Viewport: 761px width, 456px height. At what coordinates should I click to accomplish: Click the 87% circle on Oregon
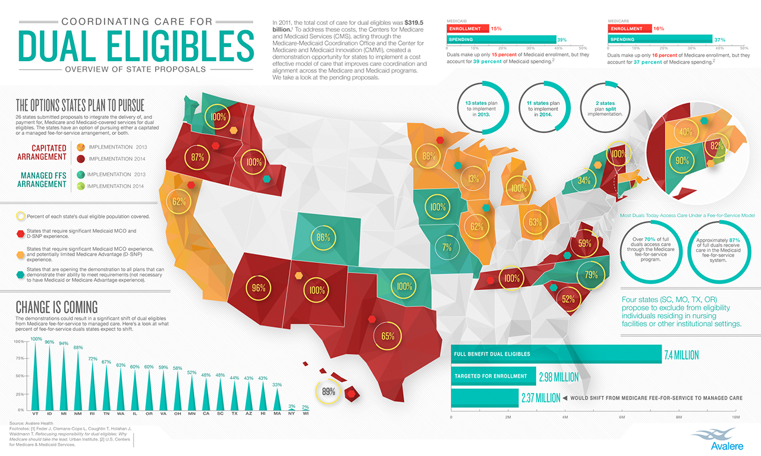(197, 157)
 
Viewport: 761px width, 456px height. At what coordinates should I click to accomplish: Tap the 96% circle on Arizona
(258, 289)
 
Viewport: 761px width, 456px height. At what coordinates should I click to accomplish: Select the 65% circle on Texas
(388, 335)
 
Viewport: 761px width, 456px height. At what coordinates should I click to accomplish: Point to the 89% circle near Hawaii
(328, 392)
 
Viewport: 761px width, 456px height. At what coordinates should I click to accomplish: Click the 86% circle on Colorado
(323, 237)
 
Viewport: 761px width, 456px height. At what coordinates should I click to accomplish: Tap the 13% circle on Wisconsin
(474, 179)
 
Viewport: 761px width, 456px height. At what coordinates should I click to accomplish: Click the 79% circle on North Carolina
(591, 275)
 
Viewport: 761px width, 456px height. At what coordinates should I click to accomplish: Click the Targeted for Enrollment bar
(493, 376)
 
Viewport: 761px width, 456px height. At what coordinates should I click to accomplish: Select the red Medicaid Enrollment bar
(467, 28)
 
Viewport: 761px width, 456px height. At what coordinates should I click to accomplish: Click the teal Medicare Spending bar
(660, 39)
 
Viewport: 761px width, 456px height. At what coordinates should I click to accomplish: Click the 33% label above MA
(276, 385)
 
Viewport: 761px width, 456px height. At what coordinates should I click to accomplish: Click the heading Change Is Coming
(56, 307)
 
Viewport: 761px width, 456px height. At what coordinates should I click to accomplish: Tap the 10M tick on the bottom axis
(735, 417)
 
